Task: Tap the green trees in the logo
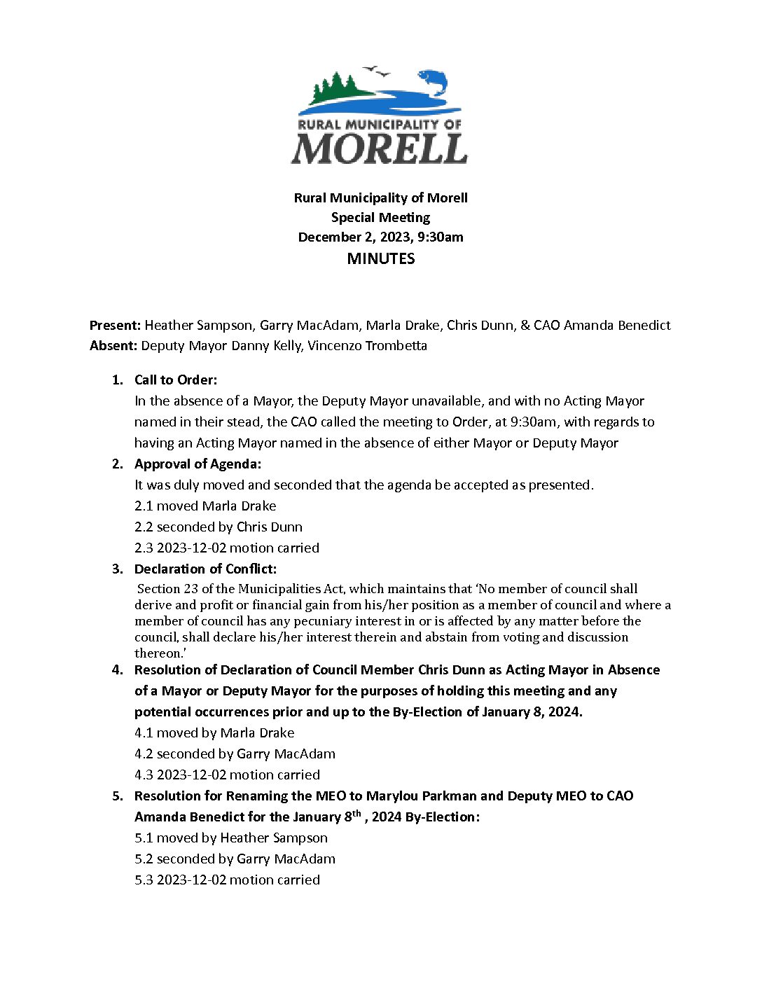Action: pos(335,89)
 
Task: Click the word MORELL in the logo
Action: pos(380,148)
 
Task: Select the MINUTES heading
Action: pos(381,258)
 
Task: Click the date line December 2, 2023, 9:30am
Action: pos(381,237)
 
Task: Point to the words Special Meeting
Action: pos(381,217)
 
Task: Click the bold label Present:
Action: pos(116,325)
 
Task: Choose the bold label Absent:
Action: pos(113,345)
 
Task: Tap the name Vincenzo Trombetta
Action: pos(367,345)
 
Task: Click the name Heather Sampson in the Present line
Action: pos(198,325)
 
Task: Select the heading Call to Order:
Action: pos(176,380)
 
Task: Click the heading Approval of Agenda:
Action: pos(198,464)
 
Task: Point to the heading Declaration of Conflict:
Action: pos(205,569)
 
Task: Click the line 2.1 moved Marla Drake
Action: pos(205,506)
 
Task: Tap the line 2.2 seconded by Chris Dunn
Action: pos(219,527)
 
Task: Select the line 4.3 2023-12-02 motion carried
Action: pos(227,775)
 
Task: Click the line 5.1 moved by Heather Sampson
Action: pos(231,838)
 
